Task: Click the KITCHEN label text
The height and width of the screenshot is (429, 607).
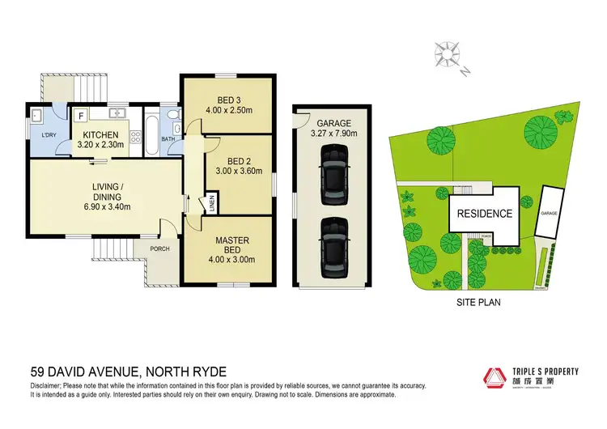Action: pyautogui.click(x=100, y=134)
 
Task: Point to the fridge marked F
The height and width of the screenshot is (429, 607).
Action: pyautogui.click(x=79, y=117)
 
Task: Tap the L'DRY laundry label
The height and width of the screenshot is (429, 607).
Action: pyautogui.click(x=44, y=134)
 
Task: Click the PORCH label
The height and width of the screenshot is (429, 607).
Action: pyautogui.click(x=159, y=248)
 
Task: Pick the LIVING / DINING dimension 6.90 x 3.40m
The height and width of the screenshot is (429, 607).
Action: pyautogui.click(x=107, y=206)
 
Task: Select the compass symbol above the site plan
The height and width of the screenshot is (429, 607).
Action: pyautogui.click(x=447, y=54)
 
